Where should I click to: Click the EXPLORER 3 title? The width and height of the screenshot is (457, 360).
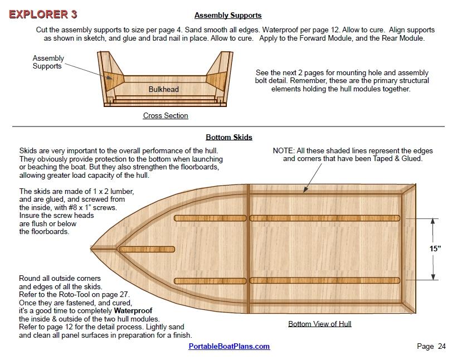[x=43, y=14]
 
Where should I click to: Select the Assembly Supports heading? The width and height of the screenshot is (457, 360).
[x=228, y=16]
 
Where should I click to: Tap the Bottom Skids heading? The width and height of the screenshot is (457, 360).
[x=229, y=137]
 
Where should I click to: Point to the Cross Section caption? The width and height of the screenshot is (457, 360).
[x=166, y=116]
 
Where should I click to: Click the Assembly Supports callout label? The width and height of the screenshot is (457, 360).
[x=48, y=62]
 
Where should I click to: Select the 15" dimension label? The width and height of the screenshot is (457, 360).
[x=435, y=249]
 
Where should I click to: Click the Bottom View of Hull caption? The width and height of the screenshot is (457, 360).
[x=319, y=324]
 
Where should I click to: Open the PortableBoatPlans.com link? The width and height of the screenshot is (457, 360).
[x=229, y=346]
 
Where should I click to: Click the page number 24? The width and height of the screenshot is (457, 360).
[x=441, y=346]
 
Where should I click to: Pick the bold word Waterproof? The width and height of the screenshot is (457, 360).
[x=133, y=310]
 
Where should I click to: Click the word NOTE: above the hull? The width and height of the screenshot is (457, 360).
[x=284, y=151]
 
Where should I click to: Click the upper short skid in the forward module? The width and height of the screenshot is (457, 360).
[x=210, y=218]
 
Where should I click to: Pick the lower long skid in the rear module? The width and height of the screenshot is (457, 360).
[x=325, y=280]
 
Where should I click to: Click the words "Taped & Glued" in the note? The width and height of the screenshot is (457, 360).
[x=398, y=159]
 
